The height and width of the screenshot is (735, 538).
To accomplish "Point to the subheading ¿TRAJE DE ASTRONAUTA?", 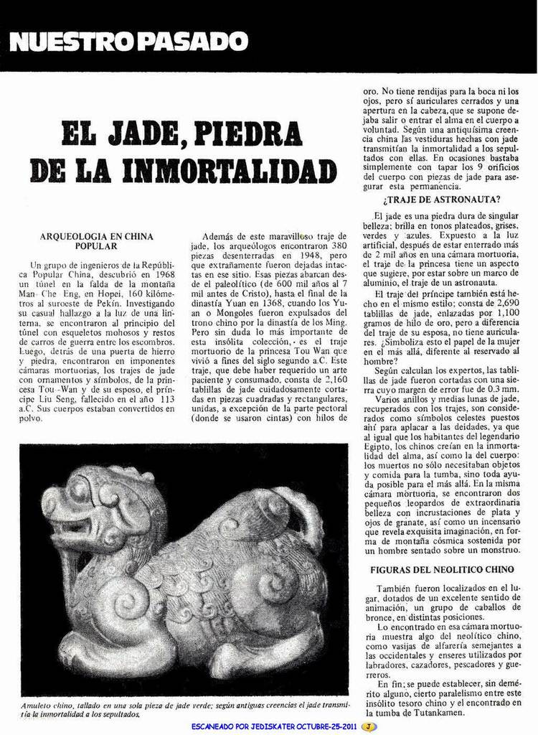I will click(442, 199).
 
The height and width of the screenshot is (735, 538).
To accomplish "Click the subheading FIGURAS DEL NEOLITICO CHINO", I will click(442, 569).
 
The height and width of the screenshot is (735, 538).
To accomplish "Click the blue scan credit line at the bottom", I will click(274, 726).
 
